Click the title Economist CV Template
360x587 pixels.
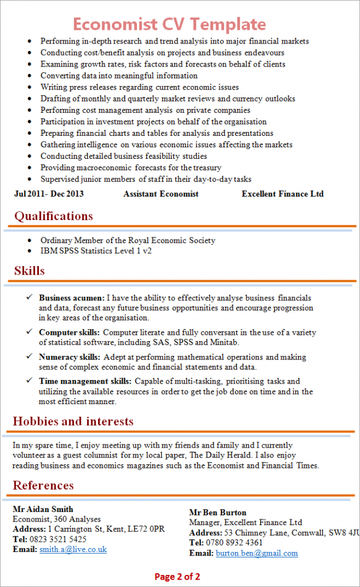pos(169,24)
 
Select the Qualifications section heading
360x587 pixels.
pos(53,216)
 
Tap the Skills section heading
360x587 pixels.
pos(29,271)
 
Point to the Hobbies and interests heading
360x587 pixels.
pos(73,421)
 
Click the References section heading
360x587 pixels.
pos(44,486)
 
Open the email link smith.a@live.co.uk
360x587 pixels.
pos(73,549)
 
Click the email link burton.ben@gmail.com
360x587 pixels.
pos(257,553)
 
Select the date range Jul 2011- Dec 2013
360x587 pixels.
pos(49,194)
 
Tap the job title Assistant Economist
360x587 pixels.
pos(161,194)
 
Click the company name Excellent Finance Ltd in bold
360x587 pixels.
pos(283,194)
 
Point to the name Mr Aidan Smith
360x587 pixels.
pos(43,509)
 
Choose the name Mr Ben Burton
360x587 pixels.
pos(218,512)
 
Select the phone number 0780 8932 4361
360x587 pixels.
pos(234,543)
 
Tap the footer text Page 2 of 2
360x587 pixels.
pos(177,576)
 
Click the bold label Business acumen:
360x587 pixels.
pos(72,298)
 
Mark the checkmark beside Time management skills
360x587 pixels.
pos(29,381)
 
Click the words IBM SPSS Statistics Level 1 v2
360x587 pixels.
pos(96,251)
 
